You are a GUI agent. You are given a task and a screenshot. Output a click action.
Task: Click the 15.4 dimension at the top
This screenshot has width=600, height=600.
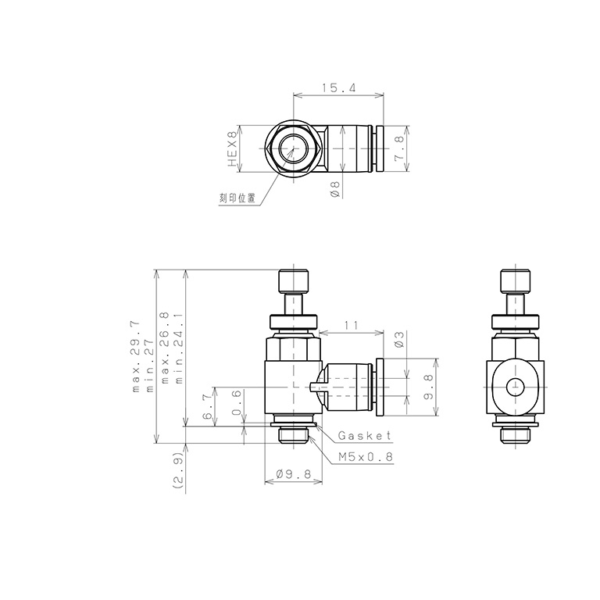[x=337, y=89]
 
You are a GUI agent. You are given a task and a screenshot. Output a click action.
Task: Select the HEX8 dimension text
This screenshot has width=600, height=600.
[x=231, y=149]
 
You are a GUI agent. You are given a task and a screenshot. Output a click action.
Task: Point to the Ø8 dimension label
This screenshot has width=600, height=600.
[x=335, y=188]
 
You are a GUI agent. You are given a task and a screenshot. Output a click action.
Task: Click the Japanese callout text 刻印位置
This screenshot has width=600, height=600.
[x=237, y=198]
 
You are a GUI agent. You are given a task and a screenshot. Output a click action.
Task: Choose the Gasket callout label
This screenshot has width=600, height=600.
[x=365, y=436]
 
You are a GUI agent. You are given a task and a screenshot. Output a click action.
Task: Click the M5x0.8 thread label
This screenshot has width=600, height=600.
[x=366, y=459]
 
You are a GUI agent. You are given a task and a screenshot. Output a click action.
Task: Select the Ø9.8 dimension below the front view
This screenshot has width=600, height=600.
[x=294, y=474]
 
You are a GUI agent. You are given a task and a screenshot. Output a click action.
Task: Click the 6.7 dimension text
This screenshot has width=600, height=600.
[x=207, y=407]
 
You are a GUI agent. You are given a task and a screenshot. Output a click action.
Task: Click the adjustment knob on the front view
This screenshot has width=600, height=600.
[x=293, y=280]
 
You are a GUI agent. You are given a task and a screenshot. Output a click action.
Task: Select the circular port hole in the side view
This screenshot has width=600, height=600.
[x=515, y=387]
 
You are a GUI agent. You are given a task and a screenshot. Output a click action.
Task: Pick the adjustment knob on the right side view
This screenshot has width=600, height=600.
[x=515, y=280]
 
